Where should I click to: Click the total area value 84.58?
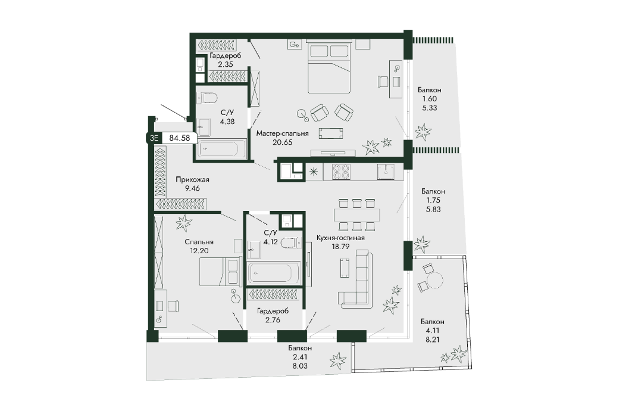pyautogui.click(x=179, y=138)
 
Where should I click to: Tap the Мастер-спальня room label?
pyautogui.click(x=282, y=133)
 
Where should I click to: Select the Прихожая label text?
pyautogui.click(x=192, y=179)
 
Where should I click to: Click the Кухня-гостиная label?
pyautogui.click(x=340, y=238)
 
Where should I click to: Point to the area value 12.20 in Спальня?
pyautogui.click(x=199, y=251)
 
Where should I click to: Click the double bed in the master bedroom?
pyautogui.click(x=329, y=66)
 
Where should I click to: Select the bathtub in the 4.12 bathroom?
pyautogui.click(x=274, y=273)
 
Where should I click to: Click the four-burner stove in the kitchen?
pyautogui.click(x=341, y=172)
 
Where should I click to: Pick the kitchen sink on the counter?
pyautogui.click(x=386, y=172)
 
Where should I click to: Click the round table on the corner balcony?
pyautogui.click(x=435, y=279)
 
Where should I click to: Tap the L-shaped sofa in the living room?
pyautogui.click(x=356, y=278)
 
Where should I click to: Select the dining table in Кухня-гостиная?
pyautogui.click(x=356, y=214)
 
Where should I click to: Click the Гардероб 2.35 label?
pyautogui.click(x=226, y=60)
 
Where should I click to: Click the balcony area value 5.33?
pyautogui.click(x=429, y=108)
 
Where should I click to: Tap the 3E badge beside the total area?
pyautogui.click(x=154, y=138)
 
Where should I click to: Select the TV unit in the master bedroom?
pyautogui.click(x=333, y=153)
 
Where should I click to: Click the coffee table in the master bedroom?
pyautogui.click(x=330, y=133)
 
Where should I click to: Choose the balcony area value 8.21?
pyautogui.click(x=433, y=340)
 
